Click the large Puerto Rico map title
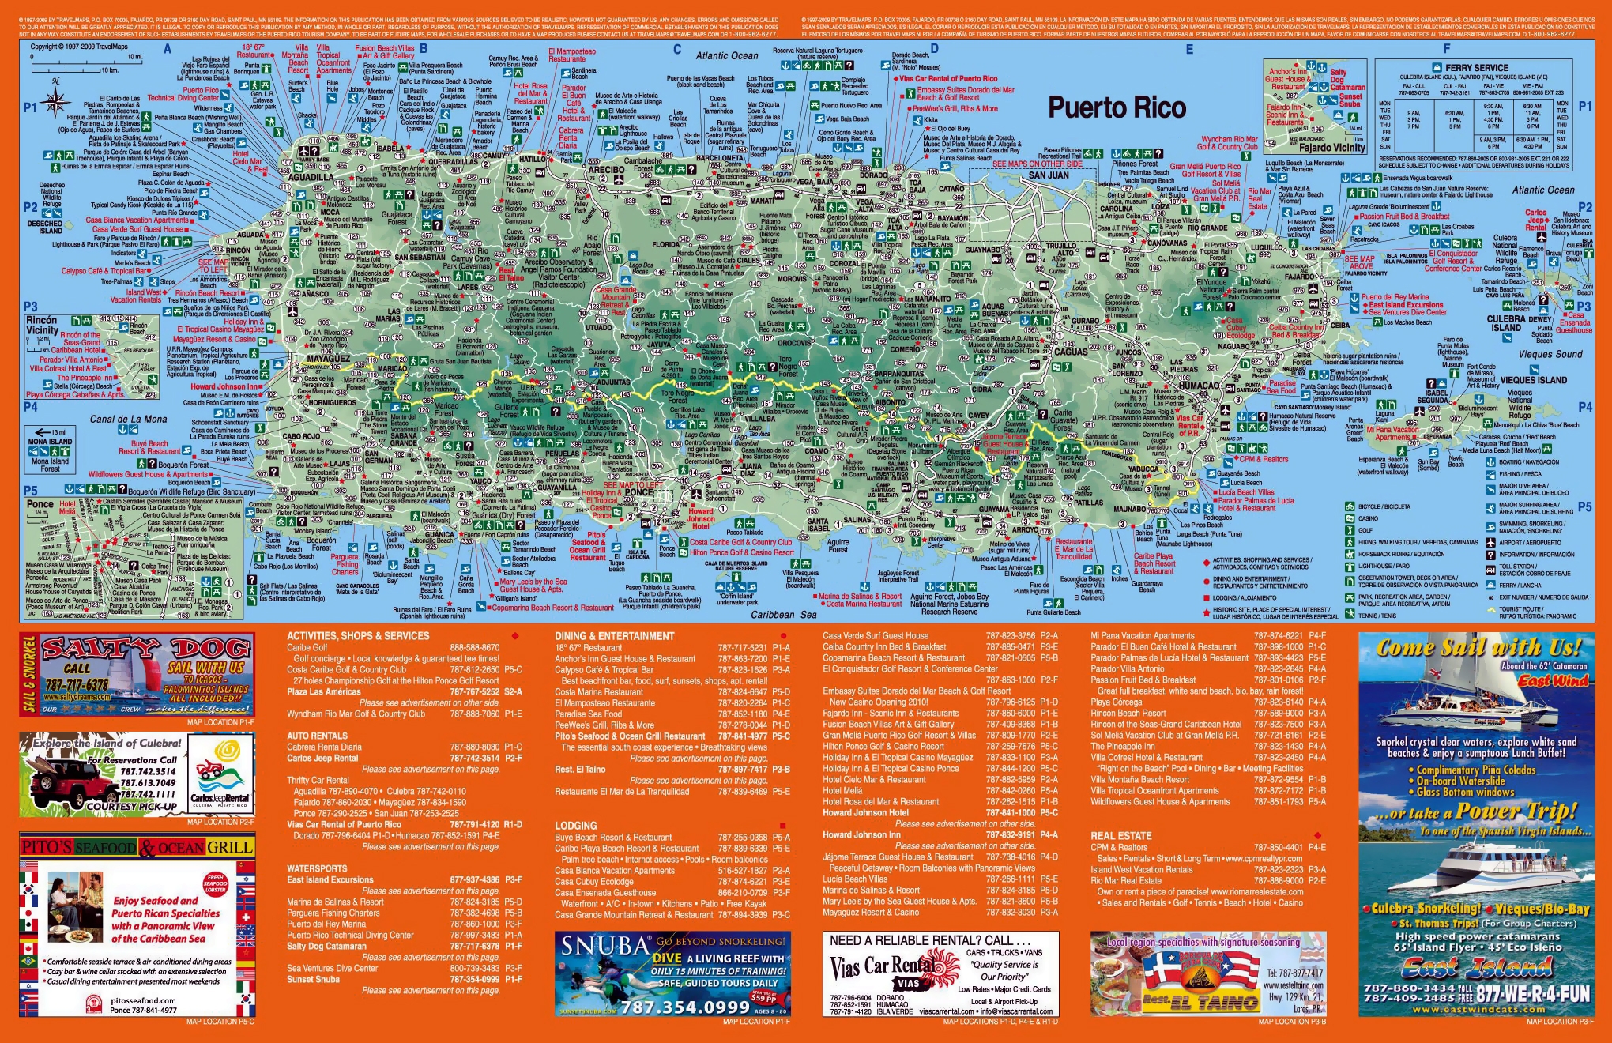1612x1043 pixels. tap(1117, 107)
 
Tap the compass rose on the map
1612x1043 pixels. tap(56, 100)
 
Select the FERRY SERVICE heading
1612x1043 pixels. tap(1476, 68)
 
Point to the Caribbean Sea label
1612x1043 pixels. tap(784, 614)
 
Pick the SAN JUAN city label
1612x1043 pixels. tap(1048, 175)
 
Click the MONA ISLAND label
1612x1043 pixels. tap(51, 442)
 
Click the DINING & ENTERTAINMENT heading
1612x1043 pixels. tap(614, 636)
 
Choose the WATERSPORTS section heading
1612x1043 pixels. tap(317, 868)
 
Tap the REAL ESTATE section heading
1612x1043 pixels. tap(1120, 835)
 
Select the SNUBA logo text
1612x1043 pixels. tap(604, 947)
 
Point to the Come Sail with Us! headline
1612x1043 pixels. tap(1478, 648)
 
